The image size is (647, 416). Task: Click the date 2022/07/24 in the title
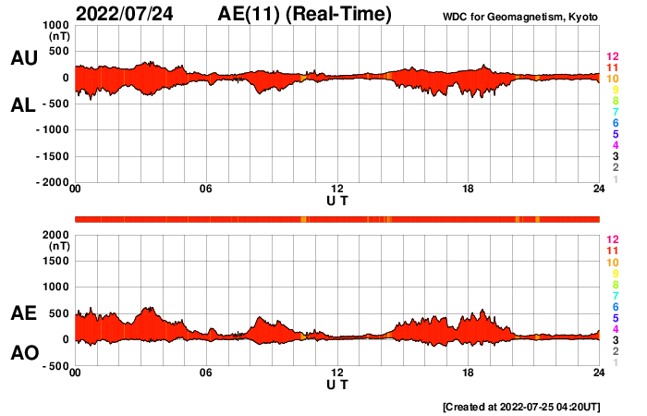point(126,14)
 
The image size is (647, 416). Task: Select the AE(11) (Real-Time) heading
point(305,14)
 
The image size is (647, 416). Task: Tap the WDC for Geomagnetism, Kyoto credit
point(520,18)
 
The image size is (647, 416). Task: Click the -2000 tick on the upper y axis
point(51,183)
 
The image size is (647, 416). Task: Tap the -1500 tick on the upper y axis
point(51,156)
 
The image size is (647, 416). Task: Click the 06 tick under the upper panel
point(206,190)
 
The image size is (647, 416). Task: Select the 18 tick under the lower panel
point(469,373)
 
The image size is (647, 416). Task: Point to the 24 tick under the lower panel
point(599,373)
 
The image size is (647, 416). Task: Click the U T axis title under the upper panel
point(337,200)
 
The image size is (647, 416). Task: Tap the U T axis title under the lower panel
point(337,383)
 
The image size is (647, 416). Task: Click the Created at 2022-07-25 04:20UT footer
point(521,406)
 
